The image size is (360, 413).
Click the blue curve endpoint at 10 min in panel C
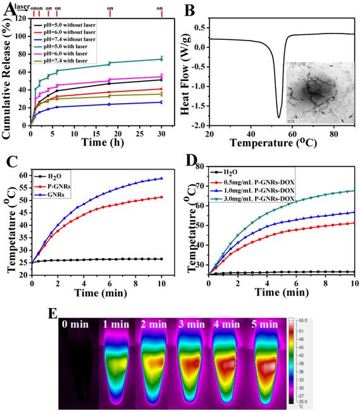(x=161, y=178)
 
